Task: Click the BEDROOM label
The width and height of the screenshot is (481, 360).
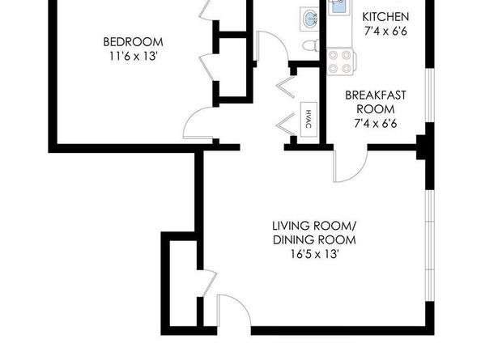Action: (x=133, y=42)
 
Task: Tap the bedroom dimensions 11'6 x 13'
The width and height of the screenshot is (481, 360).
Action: (x=134, y=57)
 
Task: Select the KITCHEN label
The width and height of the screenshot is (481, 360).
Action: (x=385, y=17)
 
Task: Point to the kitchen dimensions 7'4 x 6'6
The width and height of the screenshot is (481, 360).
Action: (x=386, y=31)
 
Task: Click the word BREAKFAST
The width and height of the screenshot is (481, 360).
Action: (x=376, y=95)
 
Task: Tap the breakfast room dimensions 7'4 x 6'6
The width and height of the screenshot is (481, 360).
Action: (x=376, y=124)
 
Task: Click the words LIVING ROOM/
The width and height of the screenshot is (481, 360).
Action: (x=314, y=226)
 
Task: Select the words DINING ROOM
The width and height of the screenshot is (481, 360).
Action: (x=314, y=240)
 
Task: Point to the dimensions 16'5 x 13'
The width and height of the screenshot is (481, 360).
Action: (x=314, y=254)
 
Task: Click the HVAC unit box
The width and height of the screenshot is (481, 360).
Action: (x=309, y=119)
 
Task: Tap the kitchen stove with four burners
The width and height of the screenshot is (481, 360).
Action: (x=341, y=61)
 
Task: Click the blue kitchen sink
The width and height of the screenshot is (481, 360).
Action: (x=339, y=7)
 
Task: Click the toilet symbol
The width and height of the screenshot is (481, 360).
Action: (x=311, y=46)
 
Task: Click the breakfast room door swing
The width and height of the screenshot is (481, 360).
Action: (x=350, y=166)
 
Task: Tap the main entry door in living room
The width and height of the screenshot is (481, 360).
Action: (x=234, y=310)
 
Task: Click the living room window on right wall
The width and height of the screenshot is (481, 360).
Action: (x=430, y=246)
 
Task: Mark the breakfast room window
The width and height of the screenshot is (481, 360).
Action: (x=430, y=95)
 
